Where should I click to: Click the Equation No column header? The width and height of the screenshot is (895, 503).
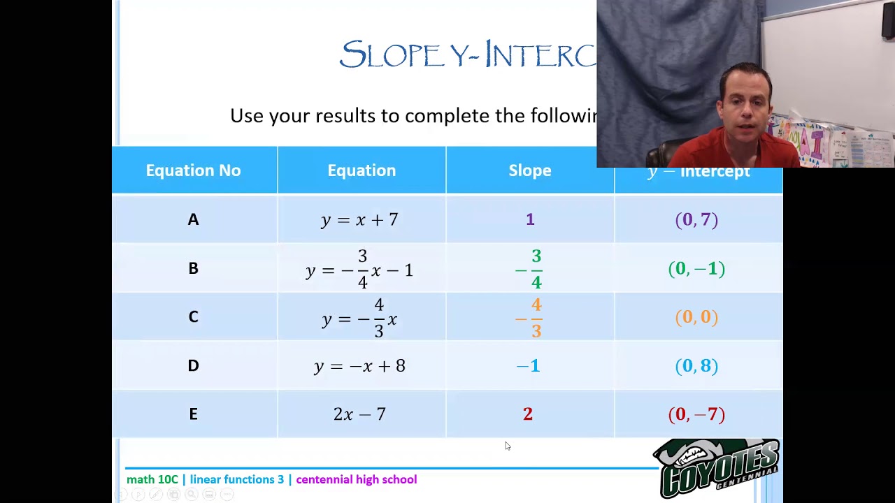193,170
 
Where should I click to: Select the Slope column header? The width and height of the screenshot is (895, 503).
529,170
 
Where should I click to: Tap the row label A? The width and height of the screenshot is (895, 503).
193,219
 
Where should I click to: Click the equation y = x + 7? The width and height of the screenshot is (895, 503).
359,220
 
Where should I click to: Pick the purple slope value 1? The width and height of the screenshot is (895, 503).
530,219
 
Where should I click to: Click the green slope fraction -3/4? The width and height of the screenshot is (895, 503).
530,269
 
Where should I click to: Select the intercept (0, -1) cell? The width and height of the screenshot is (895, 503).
696,269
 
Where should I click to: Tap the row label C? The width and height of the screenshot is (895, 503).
193,317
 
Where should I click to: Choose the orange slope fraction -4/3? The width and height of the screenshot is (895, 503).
530,318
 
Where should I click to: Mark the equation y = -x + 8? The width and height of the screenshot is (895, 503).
359,366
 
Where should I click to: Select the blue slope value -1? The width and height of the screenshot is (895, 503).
528,366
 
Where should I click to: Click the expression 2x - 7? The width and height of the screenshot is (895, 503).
359,414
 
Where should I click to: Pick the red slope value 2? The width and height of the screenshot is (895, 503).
528,414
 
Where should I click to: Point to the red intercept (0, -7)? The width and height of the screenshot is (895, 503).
696,414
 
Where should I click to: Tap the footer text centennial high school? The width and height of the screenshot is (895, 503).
356,479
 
